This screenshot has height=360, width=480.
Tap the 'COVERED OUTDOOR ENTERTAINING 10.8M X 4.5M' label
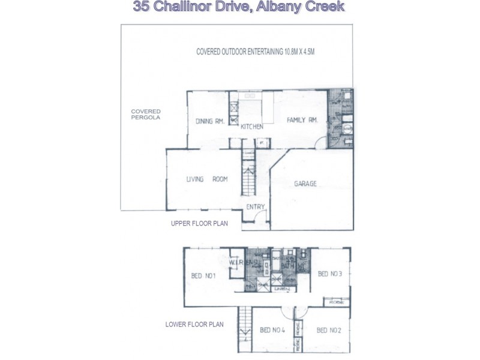coord(255,52)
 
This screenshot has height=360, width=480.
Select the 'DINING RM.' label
coord(209,121)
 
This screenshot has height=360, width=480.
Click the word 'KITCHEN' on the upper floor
coord(252,127)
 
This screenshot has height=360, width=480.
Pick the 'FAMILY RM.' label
coord(301,119)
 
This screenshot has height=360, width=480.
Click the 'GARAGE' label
coord(305,184)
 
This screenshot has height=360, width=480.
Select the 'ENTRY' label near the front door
coord(256,208)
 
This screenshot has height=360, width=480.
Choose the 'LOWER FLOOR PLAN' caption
coord(194,325)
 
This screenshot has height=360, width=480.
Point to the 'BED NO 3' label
coord(329,274)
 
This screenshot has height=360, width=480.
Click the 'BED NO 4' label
coord(273,330)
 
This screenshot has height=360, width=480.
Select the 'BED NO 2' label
coord(329,330)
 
